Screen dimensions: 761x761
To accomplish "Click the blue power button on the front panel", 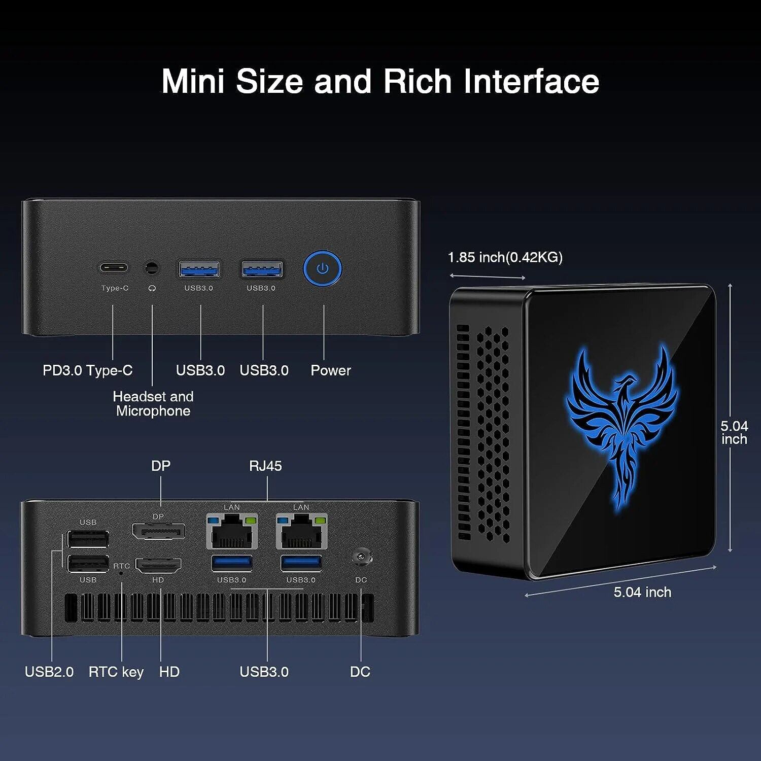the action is (x=323, y=268).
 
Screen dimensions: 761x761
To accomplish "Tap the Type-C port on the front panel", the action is (x=113, y=268).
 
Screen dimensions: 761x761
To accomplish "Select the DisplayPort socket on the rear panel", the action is (x=158, y=531).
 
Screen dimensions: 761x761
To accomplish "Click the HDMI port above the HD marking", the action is (x=158, y=565).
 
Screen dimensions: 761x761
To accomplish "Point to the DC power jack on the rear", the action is (x=361, y=557).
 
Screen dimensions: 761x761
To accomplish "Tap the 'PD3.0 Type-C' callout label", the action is (x=87, y=370).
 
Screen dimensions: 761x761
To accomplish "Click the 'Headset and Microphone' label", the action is (x=153, y=404).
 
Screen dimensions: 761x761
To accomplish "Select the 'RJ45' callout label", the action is (x=265, y=466).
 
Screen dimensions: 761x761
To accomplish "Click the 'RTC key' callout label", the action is (x=116, y=672).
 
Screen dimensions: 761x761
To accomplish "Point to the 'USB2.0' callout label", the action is (x=49, y=672).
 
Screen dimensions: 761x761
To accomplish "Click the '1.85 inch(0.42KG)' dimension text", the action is (x=505, y=257).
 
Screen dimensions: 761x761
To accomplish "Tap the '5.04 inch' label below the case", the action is (x=642, y=592).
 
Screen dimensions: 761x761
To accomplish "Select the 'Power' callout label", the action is (x=330, y=370).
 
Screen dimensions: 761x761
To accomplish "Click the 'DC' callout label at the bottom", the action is (x=360, y=672).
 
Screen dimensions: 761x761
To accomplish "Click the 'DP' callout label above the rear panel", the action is (x=161, y=466).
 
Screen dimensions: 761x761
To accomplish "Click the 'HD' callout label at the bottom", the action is (x=169, y=672).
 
